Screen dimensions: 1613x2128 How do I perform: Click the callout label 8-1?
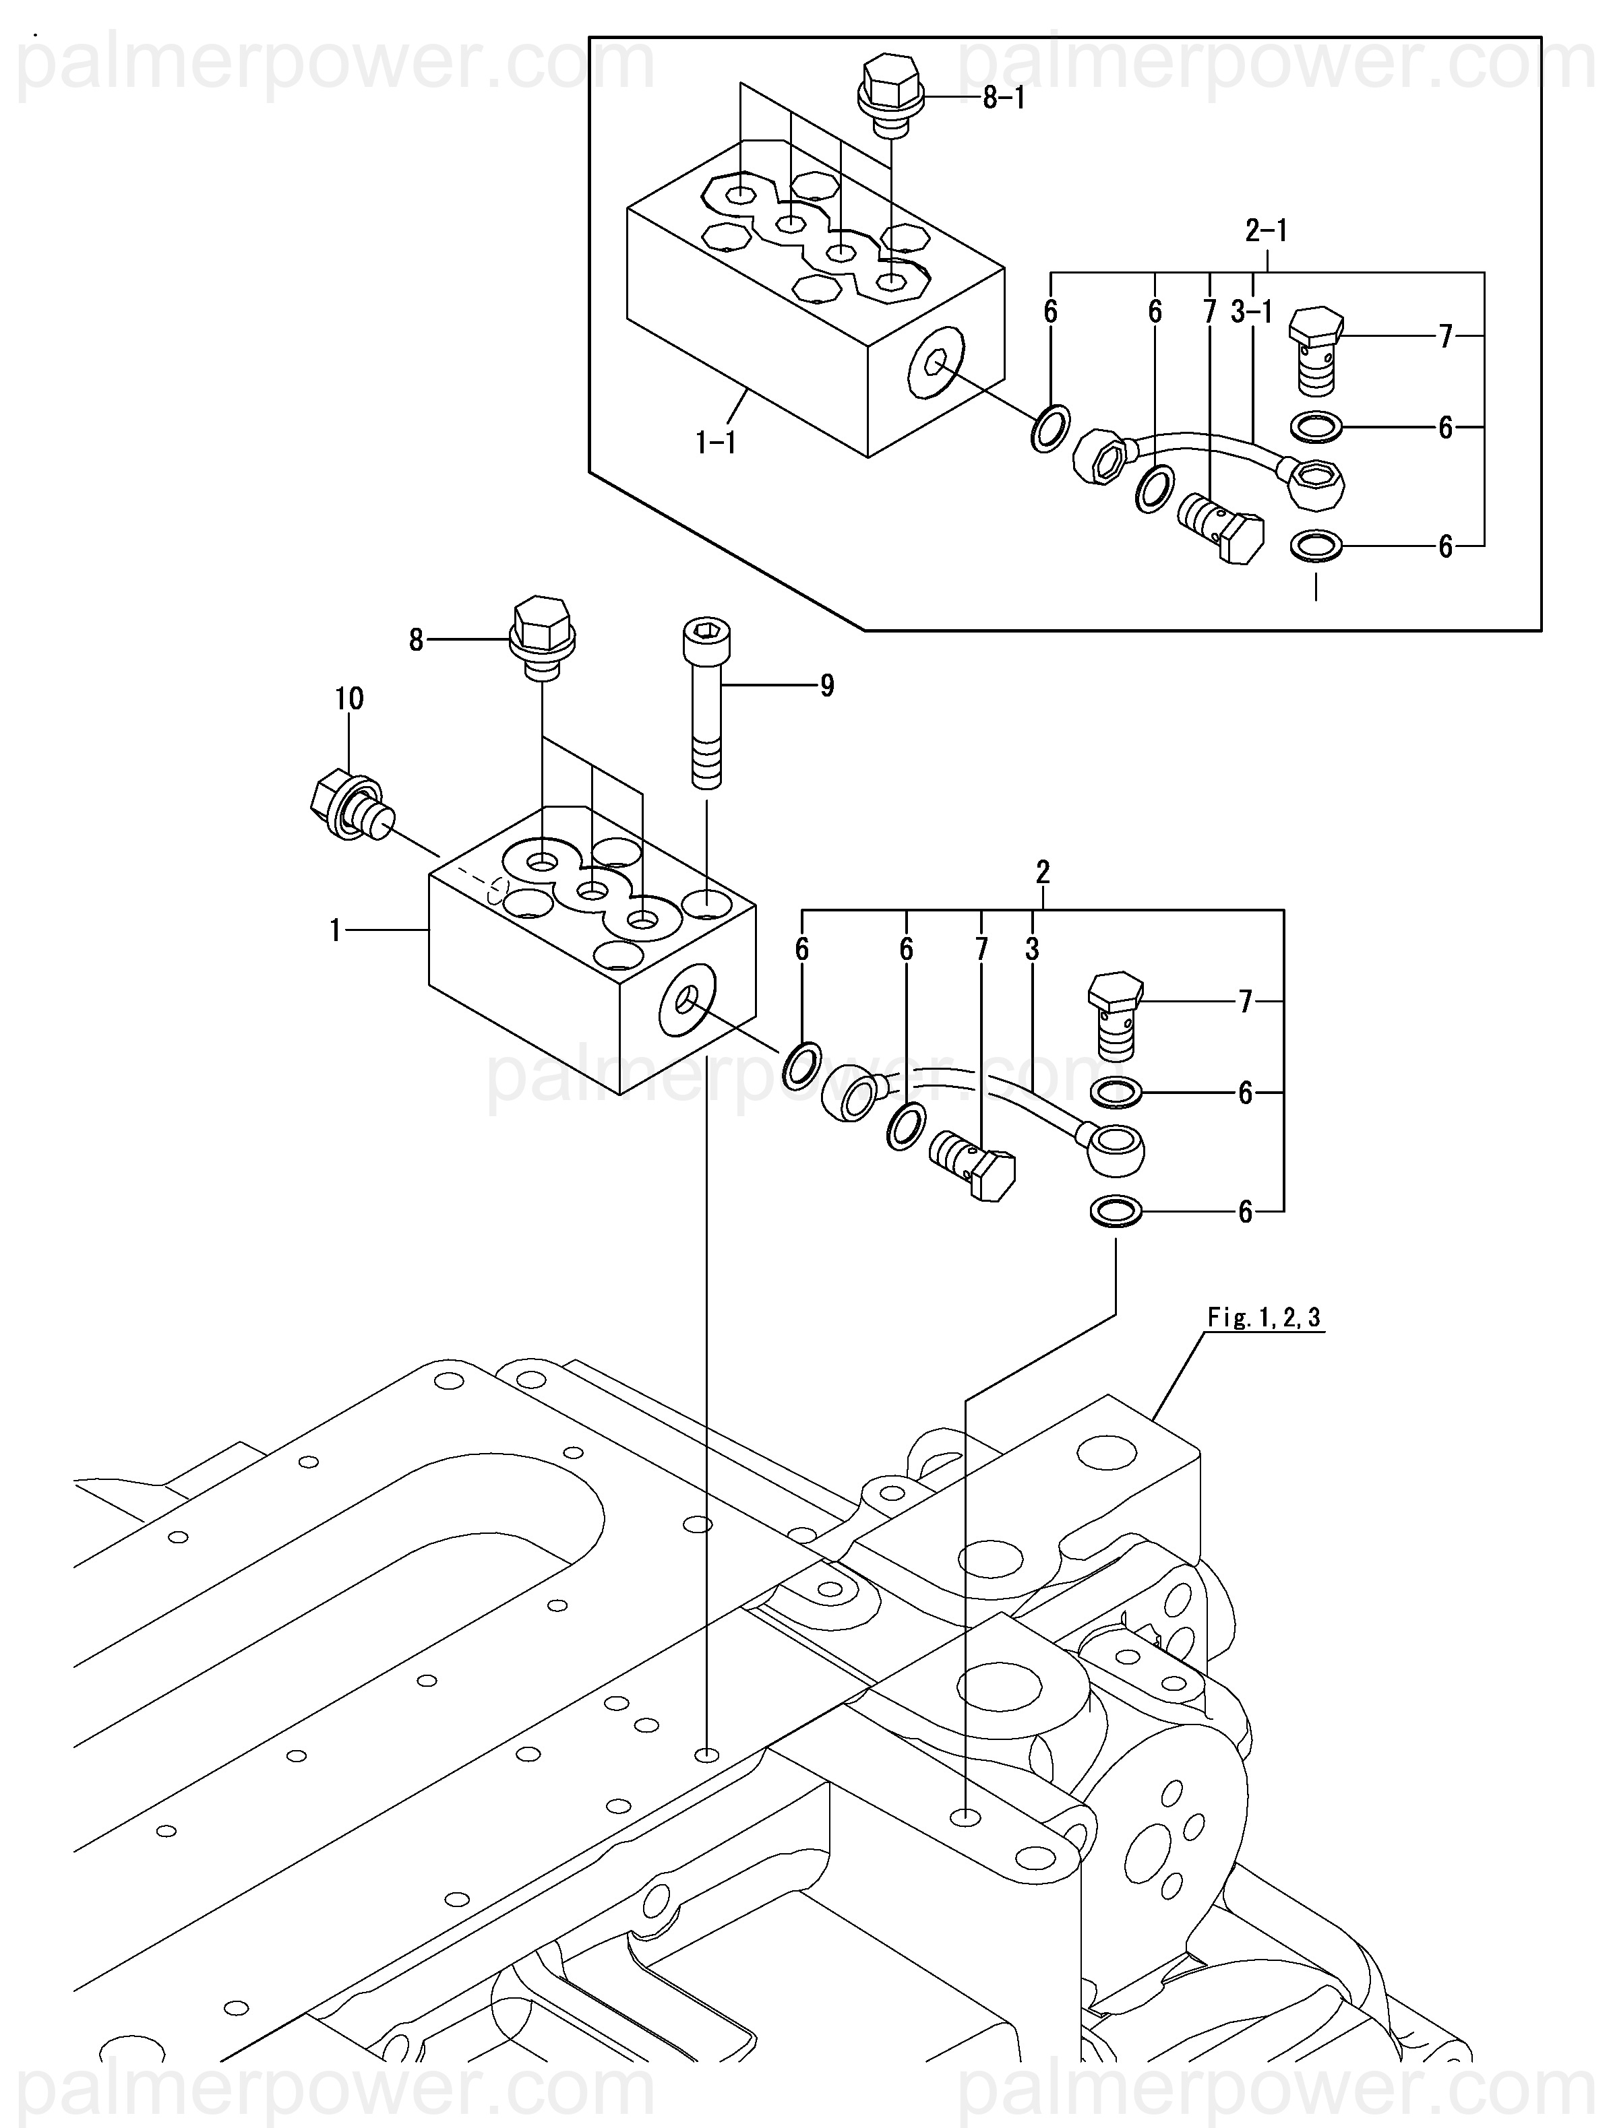tap(1003, 98)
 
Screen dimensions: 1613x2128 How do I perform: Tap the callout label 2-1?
tap(1267, 231)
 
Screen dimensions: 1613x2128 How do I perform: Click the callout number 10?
tap(349, 699)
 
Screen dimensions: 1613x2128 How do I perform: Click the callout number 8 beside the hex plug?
tap(416, 640)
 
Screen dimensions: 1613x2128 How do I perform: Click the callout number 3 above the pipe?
tap(1032, 950)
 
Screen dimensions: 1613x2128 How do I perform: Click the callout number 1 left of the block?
tap(335, 930)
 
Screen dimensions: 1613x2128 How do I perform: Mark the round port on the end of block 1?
tap(686, 1002)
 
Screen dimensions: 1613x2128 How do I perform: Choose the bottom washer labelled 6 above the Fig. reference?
tap(1116, 1211)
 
